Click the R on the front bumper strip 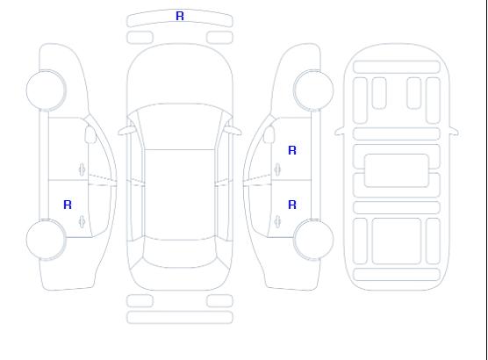(x=180, y=16)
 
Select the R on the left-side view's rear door (x=68, y=205)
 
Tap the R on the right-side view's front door (x=292, y=150)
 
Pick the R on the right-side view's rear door (x=292, y=205)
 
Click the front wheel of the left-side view (x=46, y=90)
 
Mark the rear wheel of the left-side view (x=46, y=240)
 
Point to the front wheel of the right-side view (x=313, y=90)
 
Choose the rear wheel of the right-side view (x=313, y=240)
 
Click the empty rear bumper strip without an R (x=180, y=317)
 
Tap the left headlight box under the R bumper (x=140, y=38)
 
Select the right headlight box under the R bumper (x=219, y=38)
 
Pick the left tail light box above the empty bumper (x=140, y=301)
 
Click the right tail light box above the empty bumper (x=219, y=301)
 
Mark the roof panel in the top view (x=180, y=195)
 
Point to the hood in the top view (x=180, y=75)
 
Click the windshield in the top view (x=180, y=126)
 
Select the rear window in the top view (x=180, y=253)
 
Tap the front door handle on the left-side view (x=83, y=169)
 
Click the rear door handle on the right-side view (x=277, y=221)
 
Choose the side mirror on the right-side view (x=269, y=134)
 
